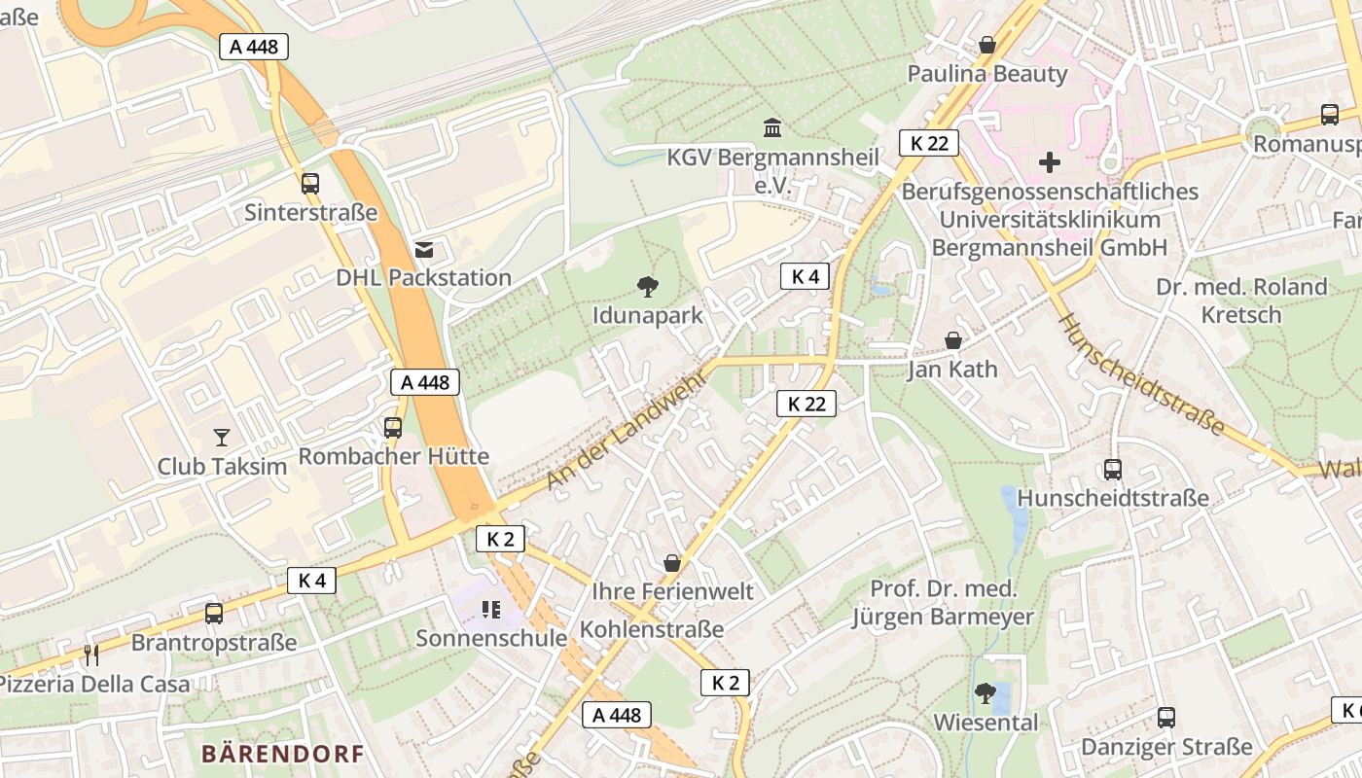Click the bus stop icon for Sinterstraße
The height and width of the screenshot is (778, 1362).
(310, 183)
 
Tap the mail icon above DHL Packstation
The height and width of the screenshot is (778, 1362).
(424, 250)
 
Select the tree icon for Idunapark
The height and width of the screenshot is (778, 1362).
(647, 286)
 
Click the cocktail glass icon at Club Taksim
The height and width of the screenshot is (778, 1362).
(222, 438)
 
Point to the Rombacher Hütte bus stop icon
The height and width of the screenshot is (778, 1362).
(393, 427)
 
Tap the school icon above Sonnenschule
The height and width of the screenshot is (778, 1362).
(491, 610)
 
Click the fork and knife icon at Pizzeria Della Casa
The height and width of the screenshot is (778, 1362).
(91, 654)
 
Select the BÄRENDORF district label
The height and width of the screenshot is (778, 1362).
(282, 754)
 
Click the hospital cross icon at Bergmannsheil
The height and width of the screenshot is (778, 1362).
(1050, 161)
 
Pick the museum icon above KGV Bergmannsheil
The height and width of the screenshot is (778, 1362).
(772, 127)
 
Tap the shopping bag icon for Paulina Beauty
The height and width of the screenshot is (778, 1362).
(987, 45)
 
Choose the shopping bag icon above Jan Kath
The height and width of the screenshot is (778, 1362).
(953, 340)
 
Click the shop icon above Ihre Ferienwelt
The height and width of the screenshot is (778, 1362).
(671, 563)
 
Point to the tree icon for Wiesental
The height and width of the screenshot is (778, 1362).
(986, 693)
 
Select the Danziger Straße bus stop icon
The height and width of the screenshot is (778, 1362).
(1166, 718)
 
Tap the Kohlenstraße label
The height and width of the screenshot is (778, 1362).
(652, 629)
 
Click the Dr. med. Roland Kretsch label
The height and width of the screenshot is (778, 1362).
(1241, 301)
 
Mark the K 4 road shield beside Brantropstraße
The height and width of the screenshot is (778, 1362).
(311, 581)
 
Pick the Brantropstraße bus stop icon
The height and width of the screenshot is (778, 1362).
(214, 614)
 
